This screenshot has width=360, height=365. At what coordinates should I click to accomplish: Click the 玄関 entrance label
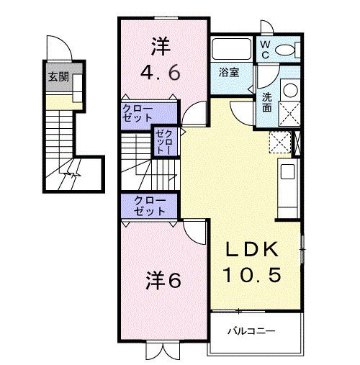click(x=58, y=77)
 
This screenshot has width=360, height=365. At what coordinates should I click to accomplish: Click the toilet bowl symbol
click(x=286, y=49)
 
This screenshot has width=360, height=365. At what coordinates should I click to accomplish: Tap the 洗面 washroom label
click(x=267, y=103)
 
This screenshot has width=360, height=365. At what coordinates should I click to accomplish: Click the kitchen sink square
click(x=287, y=172)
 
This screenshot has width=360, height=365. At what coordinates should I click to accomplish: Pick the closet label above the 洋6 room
click(x=150, y=205)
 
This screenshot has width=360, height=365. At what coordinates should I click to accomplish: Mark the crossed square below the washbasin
click(x=289, y=114)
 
